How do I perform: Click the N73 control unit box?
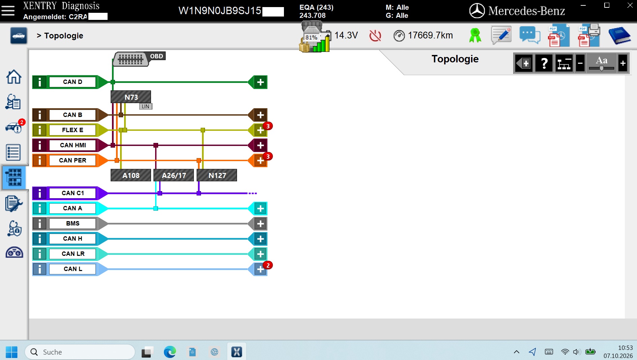pos(131,97)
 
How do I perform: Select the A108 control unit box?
pos(131,175)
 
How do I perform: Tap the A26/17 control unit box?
pos(174,175)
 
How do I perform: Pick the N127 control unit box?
pos(217,175)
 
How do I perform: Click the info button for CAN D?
pos(40,82)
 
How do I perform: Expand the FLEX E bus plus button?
pos(260,130)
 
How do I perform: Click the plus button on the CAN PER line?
pos(260,160)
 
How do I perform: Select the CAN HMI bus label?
pos(73,145)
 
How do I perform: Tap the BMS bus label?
pos(73,223)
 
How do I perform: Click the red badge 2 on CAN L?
pos(268,265)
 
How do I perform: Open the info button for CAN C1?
pos(40,193)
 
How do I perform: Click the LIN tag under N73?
pos(146,107)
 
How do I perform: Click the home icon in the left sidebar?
pos(14,77)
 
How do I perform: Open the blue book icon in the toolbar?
pos(619,35)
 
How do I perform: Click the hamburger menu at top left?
pos(8,11)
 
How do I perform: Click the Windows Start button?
pos(12,352)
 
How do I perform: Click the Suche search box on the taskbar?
pos(80,352)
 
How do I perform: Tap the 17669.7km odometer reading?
pos(430,35)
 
